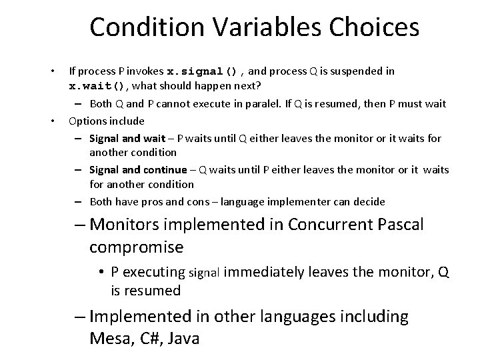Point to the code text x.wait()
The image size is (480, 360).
click(x=97, y=87)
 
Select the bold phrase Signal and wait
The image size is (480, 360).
click(x=123, y=138)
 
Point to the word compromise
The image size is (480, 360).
click(x=136, y=247)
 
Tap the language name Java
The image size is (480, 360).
click(x=184, y=339)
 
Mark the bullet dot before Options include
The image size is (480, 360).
click(x=52, y=121)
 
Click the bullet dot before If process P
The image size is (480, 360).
click(x=52, y=71)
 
